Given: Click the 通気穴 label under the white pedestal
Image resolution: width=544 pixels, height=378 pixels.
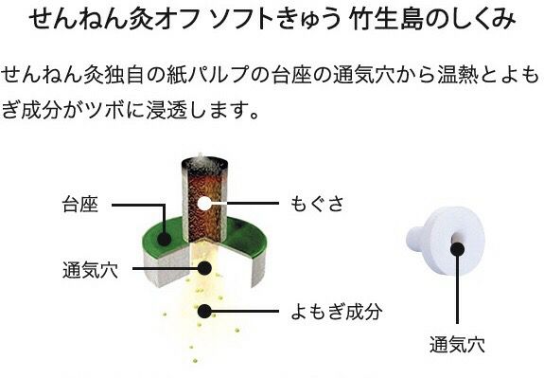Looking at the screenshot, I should pyautogui.click(x=457, y=342).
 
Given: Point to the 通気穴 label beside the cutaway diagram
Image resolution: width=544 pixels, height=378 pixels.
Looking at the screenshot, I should pyautogui.click(x=90, y=268).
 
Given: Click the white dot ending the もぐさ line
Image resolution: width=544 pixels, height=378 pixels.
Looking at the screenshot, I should pyautogui.click(x=203, y=204).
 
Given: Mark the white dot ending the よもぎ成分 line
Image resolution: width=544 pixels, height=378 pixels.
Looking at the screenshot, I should pyautogui.click(x=203, y=311).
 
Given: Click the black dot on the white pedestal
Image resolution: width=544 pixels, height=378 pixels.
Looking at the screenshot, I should pyautogui.click(x=458, y=247).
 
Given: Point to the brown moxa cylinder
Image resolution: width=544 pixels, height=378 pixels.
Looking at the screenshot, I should pyautogui.click(x=203, y=189).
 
